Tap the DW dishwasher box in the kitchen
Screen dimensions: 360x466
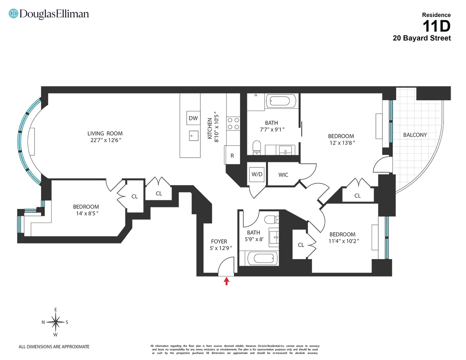tap(193, 118)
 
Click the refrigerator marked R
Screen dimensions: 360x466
tap(232, 156)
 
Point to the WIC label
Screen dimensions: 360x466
tap(283, 175)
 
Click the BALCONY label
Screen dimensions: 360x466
tap(415, 135)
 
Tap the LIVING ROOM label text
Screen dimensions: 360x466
tap(105, 134)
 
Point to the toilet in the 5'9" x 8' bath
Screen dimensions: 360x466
tap(270, 220)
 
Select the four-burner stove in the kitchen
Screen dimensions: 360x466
tap(233, 123)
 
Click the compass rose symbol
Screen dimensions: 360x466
tap(56, 322)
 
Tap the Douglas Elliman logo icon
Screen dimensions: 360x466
tap(14, 14)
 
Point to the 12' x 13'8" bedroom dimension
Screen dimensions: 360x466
tap(341, 143)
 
